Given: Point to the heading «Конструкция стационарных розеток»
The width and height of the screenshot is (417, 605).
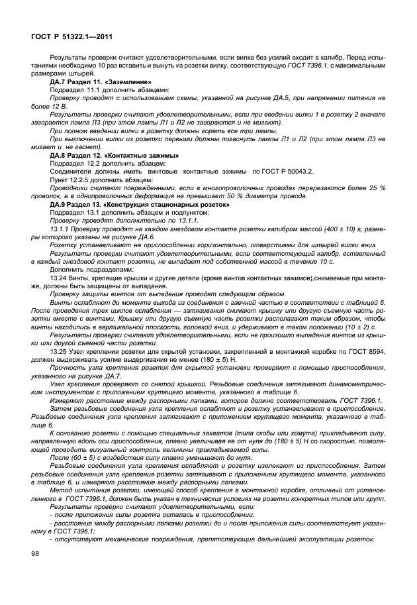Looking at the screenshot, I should (169, 204).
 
